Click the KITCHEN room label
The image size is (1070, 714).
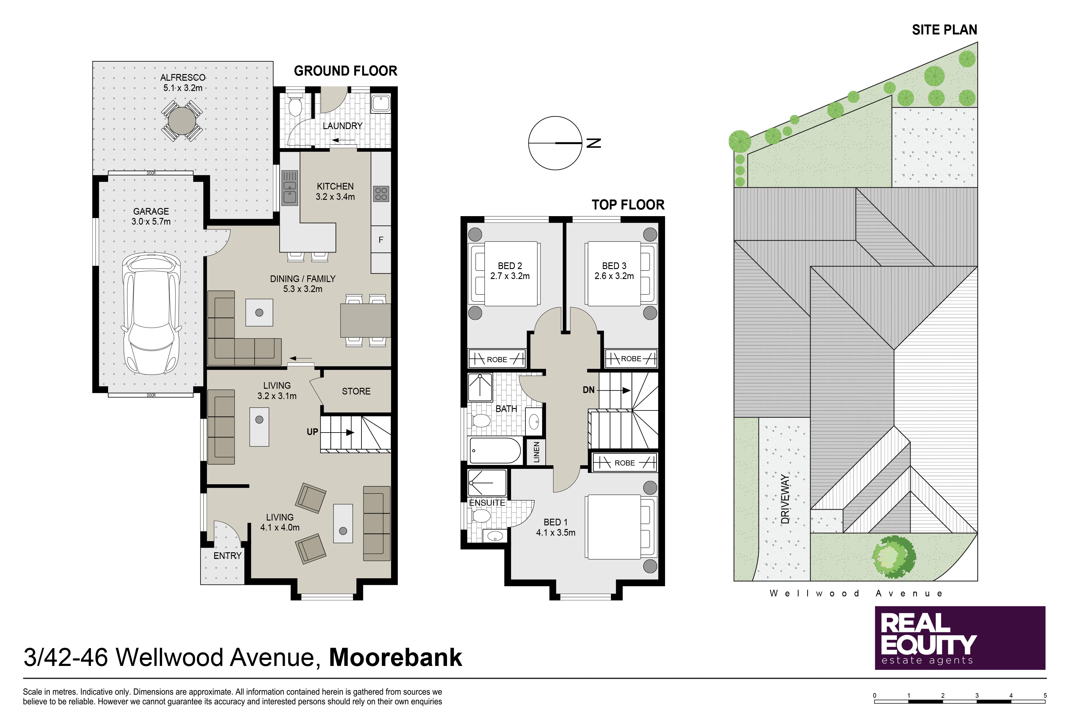click(x=335, y=186)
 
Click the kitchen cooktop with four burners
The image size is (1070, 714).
click(x=381, y=193)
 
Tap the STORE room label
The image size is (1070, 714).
click(x=356, y=391)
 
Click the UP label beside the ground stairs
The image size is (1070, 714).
click(x=312, y=432)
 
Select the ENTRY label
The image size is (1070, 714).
click(x=227, y=556)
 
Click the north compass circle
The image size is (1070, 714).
click(x=555, y=143)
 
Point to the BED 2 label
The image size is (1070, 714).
click(x=510, y=265)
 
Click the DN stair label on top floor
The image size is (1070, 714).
click(x=589, y=390)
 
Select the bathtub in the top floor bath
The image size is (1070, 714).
click(x=495, y=450)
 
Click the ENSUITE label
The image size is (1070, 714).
click(x=487, y=503)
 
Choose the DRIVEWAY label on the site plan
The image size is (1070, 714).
click(x=785, y=499)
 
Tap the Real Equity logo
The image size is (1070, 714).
click(x=960, y=638)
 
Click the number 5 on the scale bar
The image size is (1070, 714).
click(x=1045, y=695)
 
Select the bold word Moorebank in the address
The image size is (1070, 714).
click(x=395, y=657)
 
